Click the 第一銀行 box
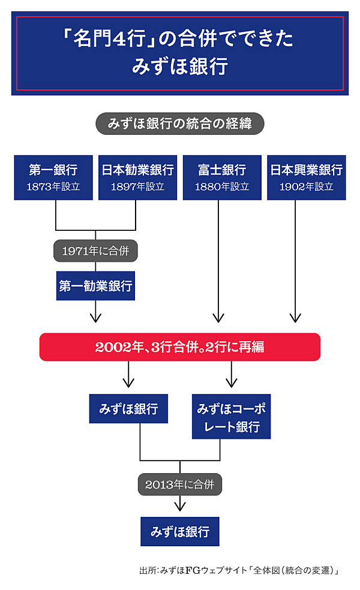53,177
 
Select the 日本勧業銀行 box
137,177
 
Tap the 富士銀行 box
222,177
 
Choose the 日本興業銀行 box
306,177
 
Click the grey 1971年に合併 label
95,251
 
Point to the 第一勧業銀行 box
95,285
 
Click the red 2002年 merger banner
179,347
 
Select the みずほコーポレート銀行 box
231,416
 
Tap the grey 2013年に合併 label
179,484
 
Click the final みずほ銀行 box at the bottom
179,531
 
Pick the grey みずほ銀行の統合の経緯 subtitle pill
179,124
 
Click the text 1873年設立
53,186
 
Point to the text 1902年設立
306,186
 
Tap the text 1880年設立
222,186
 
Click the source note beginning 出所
239,570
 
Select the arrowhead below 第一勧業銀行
95,318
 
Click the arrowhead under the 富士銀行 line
218,318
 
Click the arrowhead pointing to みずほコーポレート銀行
231,383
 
